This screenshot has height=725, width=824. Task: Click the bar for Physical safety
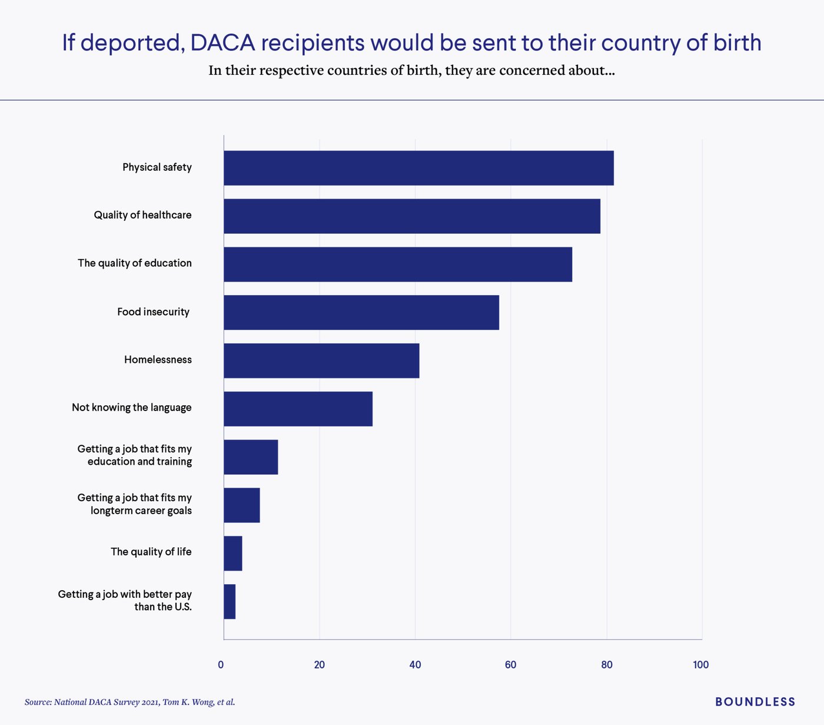418,168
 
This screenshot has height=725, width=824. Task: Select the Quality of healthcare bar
412,216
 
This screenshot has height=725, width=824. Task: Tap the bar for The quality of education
398,264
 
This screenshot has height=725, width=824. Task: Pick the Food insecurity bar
361,312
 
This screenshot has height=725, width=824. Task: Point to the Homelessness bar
321,360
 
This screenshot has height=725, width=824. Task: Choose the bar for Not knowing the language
298,409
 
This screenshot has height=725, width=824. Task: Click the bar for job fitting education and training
251,457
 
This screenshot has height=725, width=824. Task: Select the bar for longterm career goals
242,505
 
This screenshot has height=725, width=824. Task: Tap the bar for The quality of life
233,553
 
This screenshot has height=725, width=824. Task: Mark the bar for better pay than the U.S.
230,601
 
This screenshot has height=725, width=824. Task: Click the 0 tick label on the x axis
221,665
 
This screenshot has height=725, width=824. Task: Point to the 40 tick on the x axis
415,665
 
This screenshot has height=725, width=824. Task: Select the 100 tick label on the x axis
700,665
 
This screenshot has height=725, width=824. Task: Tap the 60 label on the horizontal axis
510,665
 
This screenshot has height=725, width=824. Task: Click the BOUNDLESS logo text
755,701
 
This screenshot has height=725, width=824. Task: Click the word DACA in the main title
223,43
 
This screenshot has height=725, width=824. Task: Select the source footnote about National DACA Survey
130,702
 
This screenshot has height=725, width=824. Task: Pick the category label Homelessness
158,360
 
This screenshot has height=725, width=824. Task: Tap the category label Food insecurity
153,312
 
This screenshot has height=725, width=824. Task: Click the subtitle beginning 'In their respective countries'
411,71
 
